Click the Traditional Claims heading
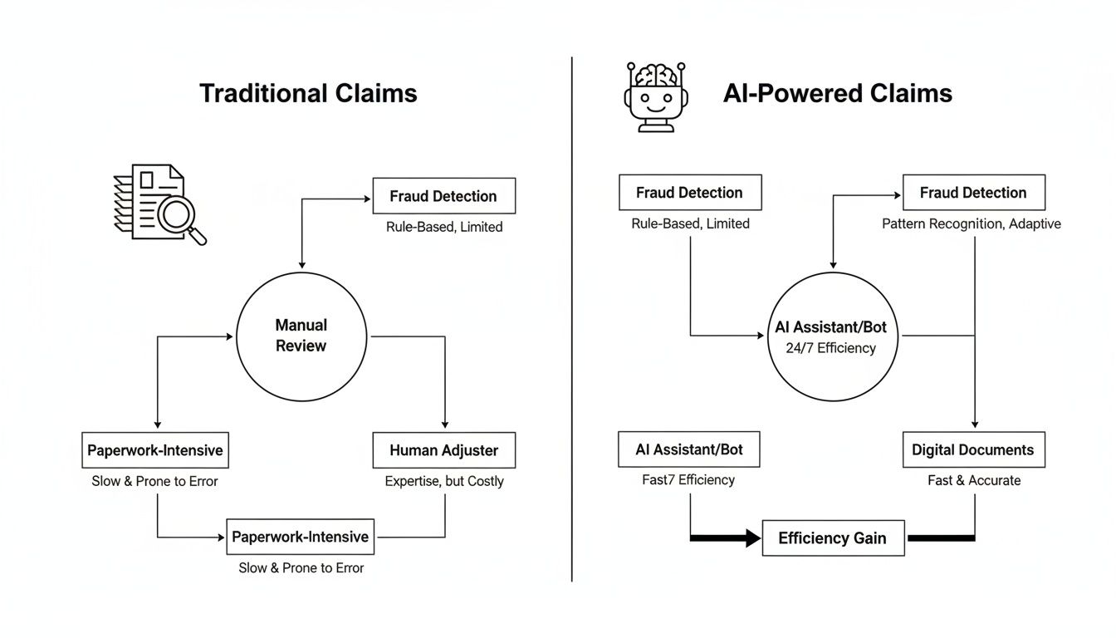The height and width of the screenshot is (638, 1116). [308, 93]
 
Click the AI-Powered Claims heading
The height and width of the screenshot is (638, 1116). [837, 93]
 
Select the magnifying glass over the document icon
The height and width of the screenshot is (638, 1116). [179, 216]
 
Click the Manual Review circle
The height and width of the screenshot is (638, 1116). [301, 336]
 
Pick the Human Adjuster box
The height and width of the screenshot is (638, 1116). [444, 450]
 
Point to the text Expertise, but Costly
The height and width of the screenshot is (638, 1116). [444, 481]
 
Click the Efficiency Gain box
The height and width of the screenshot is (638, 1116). [832, 538]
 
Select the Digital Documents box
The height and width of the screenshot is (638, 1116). [973, 450]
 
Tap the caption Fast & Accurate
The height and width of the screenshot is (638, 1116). [973, 480]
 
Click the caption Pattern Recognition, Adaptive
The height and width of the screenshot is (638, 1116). [972, 223]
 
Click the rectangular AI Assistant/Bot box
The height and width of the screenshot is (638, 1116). [689, 449]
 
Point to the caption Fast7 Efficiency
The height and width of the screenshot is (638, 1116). [688, 480]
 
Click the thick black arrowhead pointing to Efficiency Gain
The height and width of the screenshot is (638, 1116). [752, 538]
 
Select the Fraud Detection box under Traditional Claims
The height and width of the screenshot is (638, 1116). [444, 196]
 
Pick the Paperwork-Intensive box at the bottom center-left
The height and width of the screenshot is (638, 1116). [300, 537]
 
